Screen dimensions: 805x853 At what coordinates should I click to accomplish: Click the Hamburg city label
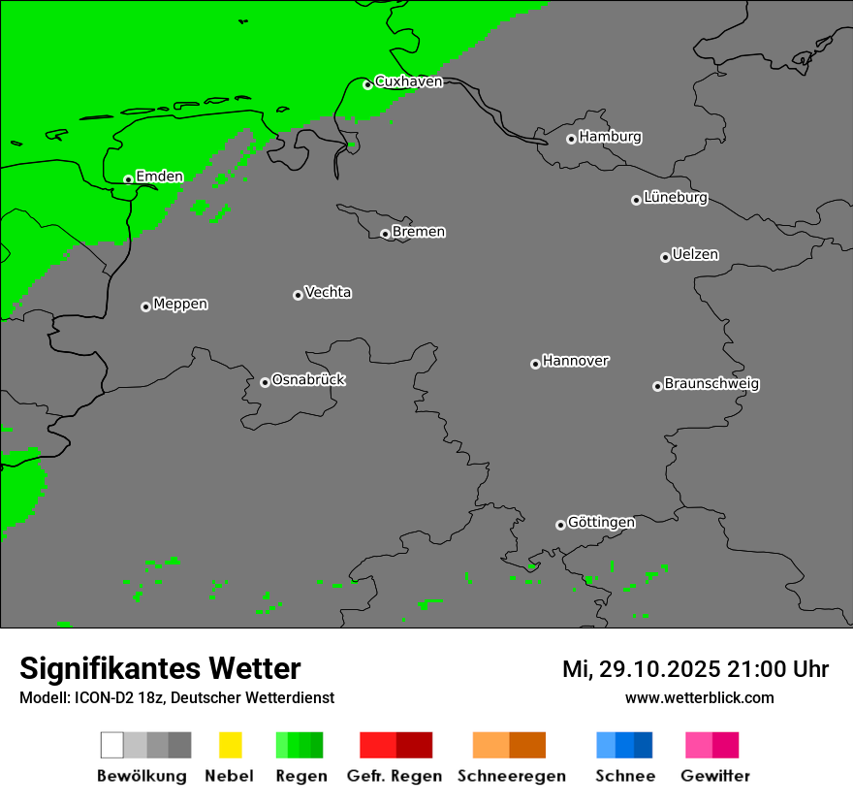pos(610,137)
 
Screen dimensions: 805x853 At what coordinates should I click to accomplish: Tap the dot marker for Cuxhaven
pos(367,85)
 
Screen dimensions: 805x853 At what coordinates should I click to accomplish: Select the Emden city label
pos(159,177)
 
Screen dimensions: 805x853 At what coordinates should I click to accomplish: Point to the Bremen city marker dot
pos(385,234)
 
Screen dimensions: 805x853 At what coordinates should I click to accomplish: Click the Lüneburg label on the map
pos(675,198)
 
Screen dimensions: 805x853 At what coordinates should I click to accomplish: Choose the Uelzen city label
pos(695,255)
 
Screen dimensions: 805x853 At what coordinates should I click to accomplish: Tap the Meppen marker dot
pos(145,306)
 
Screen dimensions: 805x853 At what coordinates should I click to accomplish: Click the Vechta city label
pos(328,293)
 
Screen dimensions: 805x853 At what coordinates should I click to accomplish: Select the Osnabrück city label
pos(308,380)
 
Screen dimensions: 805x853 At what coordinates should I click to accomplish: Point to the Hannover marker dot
pos(535,364)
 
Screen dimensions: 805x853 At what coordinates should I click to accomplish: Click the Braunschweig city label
pos(711,384)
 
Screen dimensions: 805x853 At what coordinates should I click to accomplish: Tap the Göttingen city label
pos(601,523)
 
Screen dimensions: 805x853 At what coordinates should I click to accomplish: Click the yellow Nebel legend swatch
pos(230,745)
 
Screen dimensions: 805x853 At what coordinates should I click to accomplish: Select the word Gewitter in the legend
pos(715,776)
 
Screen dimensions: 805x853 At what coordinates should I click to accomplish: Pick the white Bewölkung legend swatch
pos(112,745)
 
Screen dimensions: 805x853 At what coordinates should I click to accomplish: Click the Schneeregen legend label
pos(512,776)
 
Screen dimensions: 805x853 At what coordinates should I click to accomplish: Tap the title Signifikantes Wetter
pos(160,668)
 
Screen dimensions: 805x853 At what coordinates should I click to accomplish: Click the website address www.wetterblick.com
pos(699,697)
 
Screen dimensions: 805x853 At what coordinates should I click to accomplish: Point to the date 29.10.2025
pos(655,669)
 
